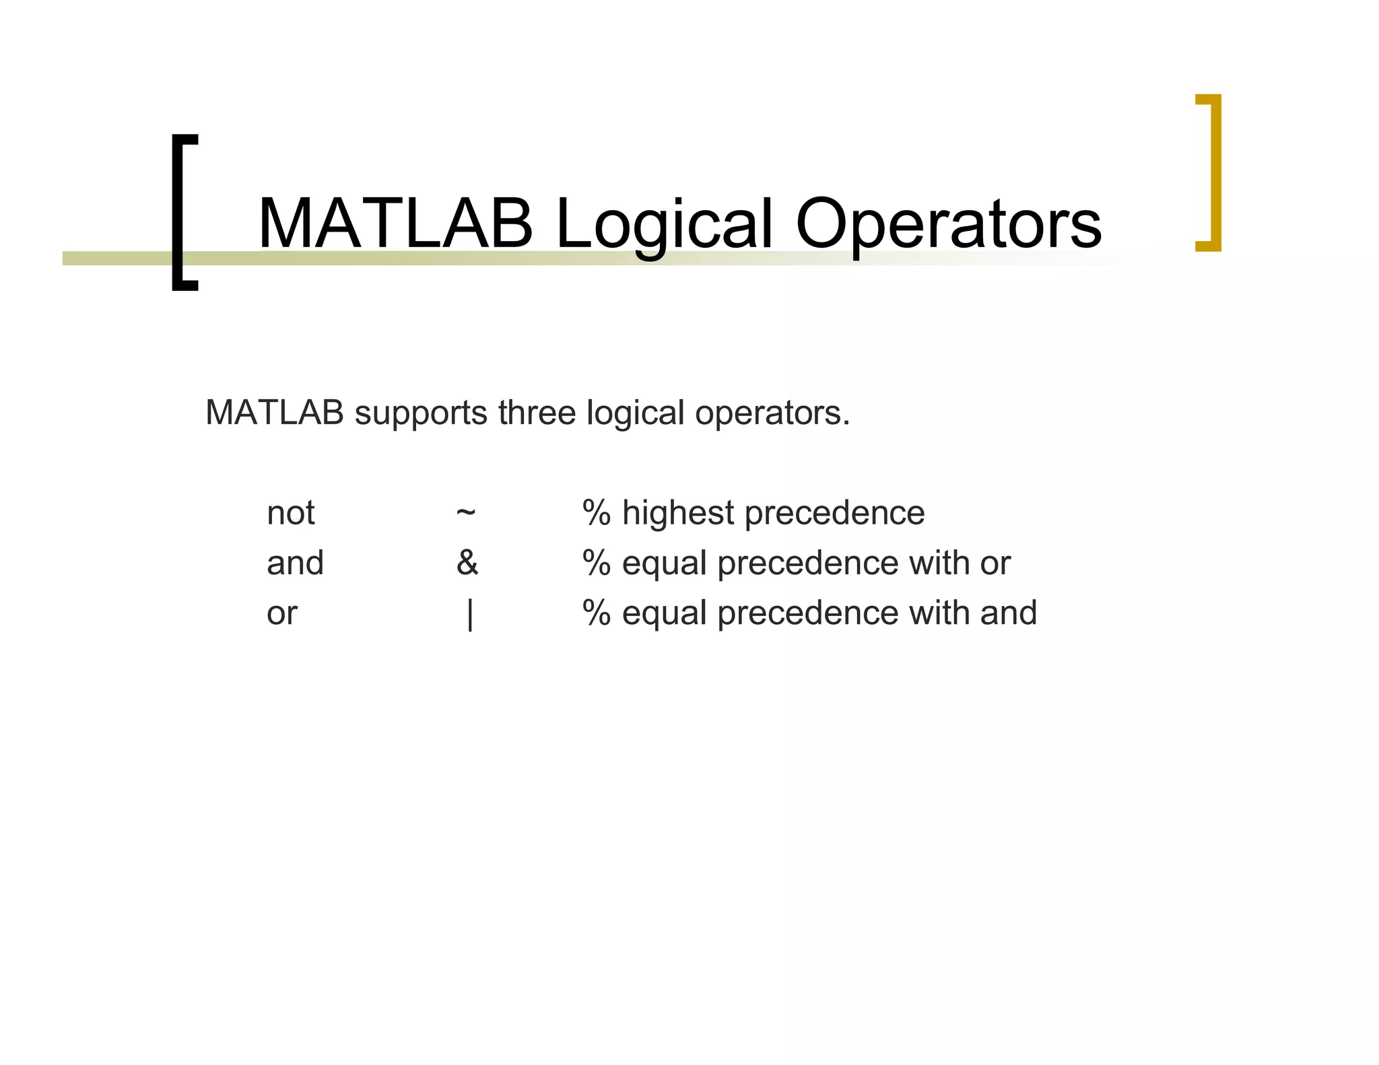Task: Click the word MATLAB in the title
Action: tap(395, 224)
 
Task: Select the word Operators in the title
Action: tap(948, 225)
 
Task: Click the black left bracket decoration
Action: tap(180, 212)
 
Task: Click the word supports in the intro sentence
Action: tap(421, 413)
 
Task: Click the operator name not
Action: tap(290, 513)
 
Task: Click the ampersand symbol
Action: tap(467, 563)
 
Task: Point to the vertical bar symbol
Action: tap(470, 614)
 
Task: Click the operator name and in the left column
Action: tap(295, 563)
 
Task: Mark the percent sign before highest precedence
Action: tap(597, 513)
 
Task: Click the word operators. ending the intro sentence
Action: tap(772, 413)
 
